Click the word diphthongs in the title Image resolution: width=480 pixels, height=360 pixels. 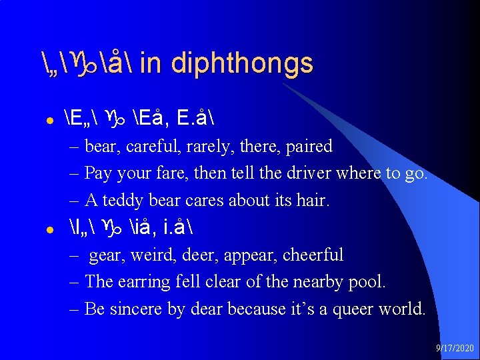click(x=242, y=64)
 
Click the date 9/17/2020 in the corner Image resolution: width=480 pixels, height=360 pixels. click(x=455, y=348)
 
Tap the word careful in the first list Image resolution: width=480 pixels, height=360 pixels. click(x=155, y=146)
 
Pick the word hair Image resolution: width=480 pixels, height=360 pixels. click(x=313, y=200)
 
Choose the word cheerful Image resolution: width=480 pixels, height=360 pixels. click(x=313, y=255)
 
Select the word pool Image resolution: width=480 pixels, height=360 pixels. click(x=367, y=282)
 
